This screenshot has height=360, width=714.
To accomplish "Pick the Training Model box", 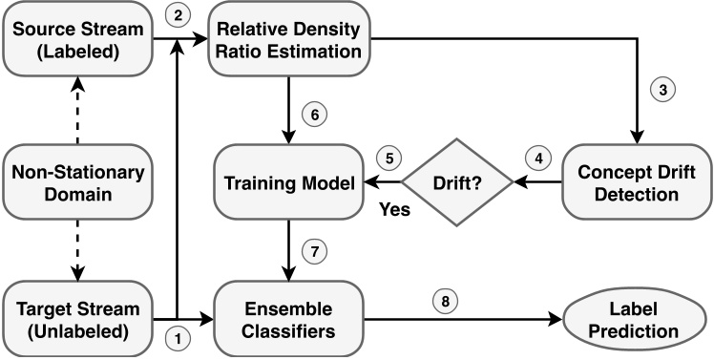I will coord(287,181).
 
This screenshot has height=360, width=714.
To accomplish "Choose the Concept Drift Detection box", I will coord(633,181).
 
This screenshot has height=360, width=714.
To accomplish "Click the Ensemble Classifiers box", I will coord(287,320).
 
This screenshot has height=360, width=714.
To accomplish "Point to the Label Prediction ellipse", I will coord(633,320).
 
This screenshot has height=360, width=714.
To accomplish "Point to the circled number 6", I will coord(313,113).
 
